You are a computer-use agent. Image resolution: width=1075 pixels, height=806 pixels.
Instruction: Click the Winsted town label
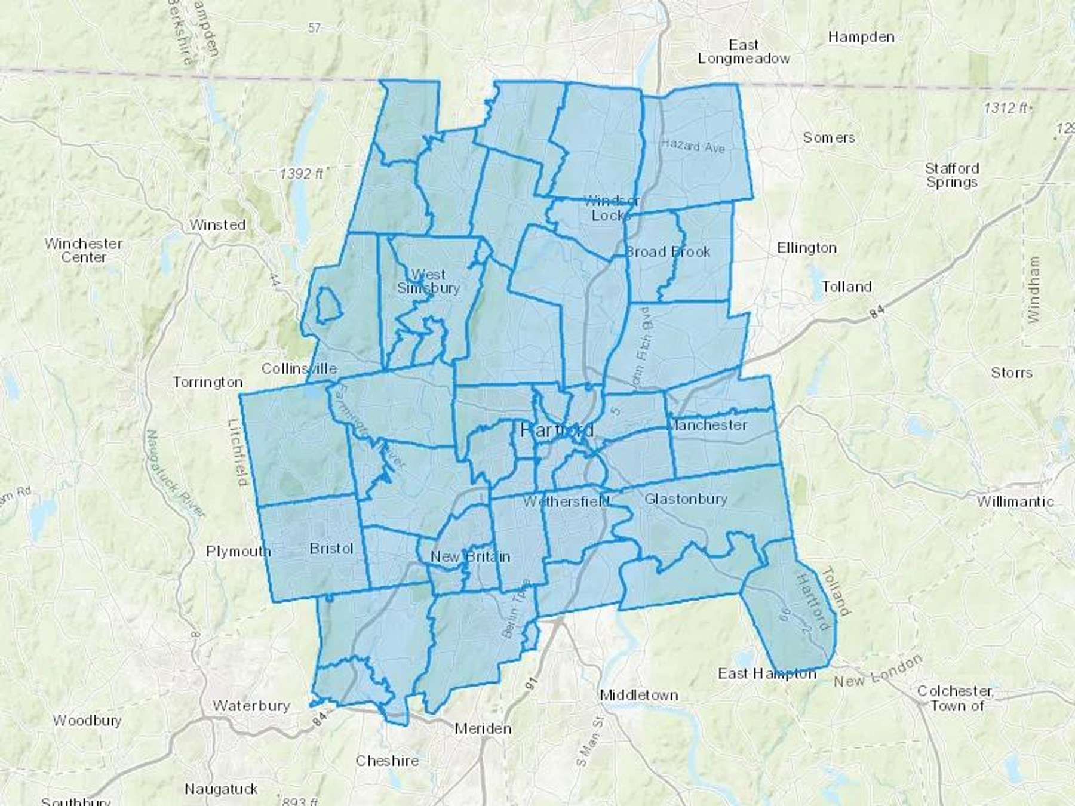coord(217,225)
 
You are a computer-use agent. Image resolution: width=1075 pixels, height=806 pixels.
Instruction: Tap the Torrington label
coord(208,382)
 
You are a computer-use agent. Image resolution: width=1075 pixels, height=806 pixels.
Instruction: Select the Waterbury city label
coord(251,706)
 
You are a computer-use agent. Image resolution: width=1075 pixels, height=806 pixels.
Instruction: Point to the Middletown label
coord(639,695)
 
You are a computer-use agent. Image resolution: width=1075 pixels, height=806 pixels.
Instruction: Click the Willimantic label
coord(1015,502)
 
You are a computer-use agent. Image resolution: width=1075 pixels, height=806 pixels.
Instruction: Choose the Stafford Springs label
coord(952,176)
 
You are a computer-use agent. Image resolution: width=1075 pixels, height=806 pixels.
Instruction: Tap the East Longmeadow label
coord(744,52)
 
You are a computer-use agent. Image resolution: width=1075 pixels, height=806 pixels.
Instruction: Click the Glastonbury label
coord(686,499)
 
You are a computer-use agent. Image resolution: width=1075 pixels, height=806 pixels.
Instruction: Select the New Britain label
coord(470,557)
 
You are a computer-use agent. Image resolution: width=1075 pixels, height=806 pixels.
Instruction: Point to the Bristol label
coord(331,549)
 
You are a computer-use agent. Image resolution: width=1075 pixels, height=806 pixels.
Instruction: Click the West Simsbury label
coord(428,281)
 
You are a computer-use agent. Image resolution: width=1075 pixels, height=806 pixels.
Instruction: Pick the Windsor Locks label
coord(612,208)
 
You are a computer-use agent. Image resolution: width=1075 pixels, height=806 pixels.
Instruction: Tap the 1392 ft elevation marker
coord(302,174)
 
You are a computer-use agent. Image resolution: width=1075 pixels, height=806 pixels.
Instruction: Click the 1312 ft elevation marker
coord(1006,108)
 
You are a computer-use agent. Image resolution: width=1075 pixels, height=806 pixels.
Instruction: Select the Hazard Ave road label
coord(693,145)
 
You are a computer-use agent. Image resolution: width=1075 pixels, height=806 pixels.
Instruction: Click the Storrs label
coord(1012,373)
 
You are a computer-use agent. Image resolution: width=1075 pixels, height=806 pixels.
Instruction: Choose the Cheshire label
coord(387,761)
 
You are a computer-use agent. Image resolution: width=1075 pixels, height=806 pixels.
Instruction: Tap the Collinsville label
coord(299,369)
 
